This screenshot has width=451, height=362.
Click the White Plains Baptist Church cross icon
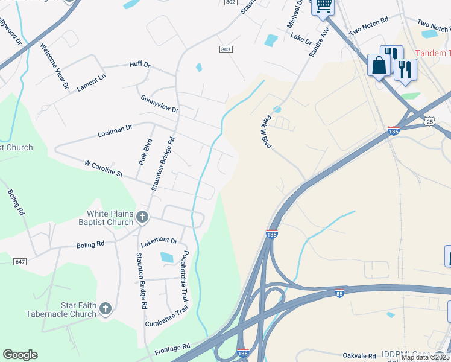pos(142,217)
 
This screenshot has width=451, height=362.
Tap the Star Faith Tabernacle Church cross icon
pos(106,310)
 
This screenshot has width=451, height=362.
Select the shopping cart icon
pos(324,6)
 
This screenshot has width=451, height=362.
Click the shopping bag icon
pos(379,65)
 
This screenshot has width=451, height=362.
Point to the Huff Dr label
pos(139,64)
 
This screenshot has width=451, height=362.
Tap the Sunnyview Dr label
pos(160,104)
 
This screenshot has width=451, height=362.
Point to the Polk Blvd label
pos(145,152)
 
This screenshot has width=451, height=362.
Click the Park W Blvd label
pos(264,131)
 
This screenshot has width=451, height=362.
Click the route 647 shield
pos(20,261)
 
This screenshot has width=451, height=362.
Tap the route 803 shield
pos(225,49)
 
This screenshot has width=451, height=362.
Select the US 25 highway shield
pos(429,122)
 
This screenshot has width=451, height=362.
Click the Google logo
pos(20,355)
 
